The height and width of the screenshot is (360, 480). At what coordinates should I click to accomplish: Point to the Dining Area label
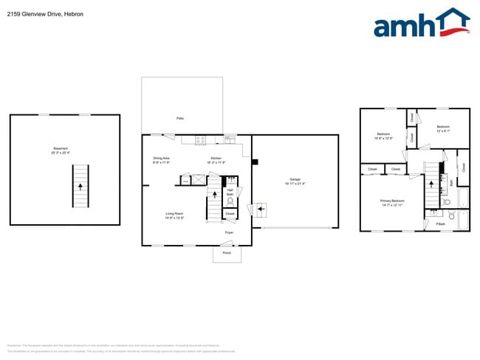[x=162, y=159]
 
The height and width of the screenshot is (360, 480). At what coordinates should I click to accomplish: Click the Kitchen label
[x=216, y=159]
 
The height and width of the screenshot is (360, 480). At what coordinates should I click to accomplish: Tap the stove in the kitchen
[x=200, y=140]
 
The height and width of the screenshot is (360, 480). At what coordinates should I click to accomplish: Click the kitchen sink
[x=230, y=139]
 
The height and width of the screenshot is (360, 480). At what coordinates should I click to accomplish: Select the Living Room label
[x=174, y=215]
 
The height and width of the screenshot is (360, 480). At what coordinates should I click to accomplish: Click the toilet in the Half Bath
[x=230, y=201]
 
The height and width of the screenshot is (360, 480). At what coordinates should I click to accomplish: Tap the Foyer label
[x=229, y=232]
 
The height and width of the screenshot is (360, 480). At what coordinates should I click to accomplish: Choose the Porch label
[x=227, y=252]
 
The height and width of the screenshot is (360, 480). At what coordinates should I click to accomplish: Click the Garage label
[x=295, y=181]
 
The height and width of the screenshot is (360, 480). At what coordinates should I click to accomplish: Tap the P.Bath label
[x=440, y=223]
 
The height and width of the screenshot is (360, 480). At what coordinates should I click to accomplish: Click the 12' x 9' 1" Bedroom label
[x=442, y=128]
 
